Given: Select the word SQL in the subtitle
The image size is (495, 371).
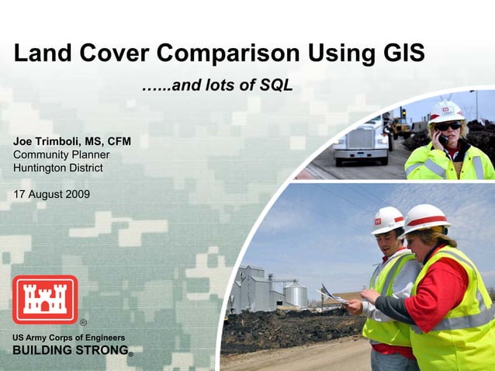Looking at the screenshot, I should point(276,85).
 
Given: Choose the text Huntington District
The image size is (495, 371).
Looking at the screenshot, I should point(57,167).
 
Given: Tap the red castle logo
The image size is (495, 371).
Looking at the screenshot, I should point(44,300).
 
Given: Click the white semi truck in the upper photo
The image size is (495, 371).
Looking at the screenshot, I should point(362,143).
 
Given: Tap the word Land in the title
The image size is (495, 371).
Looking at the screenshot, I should point(40,54).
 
